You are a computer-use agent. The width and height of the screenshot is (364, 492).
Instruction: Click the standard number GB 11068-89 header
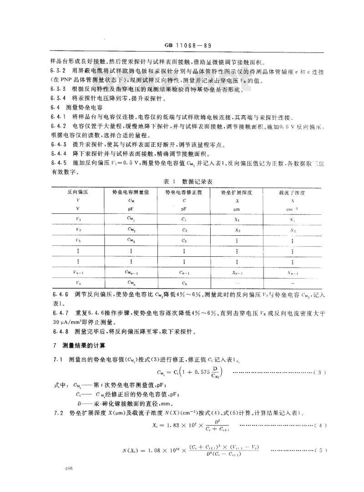(182, 46)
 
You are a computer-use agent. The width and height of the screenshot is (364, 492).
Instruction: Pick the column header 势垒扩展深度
(237, 192)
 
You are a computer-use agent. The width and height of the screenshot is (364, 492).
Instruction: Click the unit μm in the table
(237, 209)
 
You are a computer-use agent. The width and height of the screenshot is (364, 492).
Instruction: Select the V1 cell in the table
(79, 218)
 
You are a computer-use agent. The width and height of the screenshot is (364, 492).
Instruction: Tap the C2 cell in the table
(184, 229)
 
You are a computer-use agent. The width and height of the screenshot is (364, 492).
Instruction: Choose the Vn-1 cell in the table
(79, 272)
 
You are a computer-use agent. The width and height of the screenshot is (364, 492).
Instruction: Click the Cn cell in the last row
(184, 283)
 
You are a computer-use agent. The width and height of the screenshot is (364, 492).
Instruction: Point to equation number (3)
(320, 373)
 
